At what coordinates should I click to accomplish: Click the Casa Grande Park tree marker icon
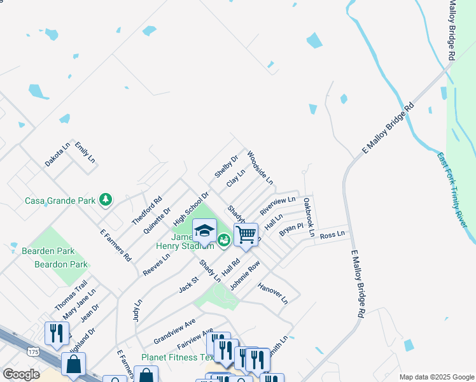tap(106, 201)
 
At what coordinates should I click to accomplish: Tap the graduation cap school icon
tap(204, 230)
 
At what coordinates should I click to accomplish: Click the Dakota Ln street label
tap(57, 154)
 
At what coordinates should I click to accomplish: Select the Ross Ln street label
tap(332, 235)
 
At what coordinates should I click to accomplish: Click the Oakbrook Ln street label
tap(309, 216)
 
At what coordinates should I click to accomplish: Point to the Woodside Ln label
tap(260, 167)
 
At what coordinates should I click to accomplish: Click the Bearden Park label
tap(48, 251)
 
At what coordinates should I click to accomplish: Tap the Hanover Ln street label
tap(273, 292)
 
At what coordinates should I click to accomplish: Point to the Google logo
tap(21, 374)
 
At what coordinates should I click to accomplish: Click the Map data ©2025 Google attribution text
tap(435, 377)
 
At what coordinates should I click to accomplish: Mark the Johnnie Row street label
tap(245, 275)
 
